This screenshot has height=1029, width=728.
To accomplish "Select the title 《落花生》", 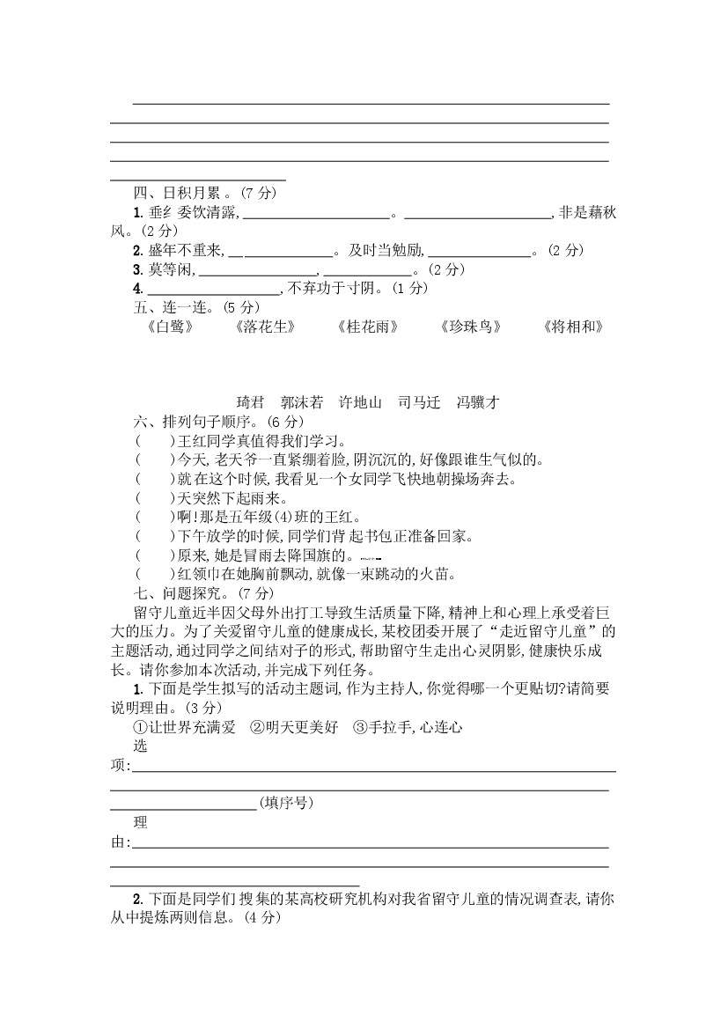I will point(262,327).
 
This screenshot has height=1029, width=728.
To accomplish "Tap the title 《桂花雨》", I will point(367,327).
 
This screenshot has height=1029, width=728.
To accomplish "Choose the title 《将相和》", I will point(574,327).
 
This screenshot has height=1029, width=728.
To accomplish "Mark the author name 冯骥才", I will point(478,402).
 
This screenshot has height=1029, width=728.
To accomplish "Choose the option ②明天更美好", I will point(282,727).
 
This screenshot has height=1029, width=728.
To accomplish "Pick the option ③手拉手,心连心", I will point(407,727).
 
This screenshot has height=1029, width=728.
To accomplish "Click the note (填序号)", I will point(286,803).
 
